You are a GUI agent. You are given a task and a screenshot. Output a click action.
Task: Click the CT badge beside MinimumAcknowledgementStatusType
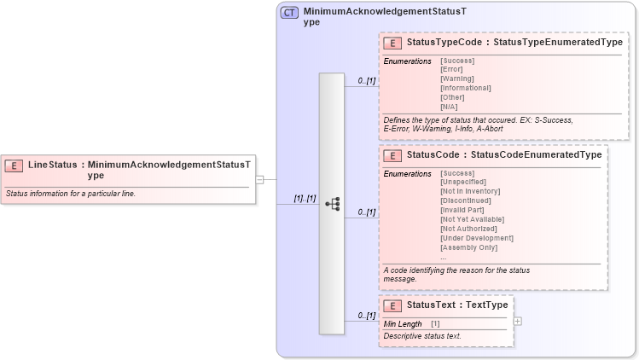(290, 14)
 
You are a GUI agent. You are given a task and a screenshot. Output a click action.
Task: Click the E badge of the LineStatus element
(15, 165)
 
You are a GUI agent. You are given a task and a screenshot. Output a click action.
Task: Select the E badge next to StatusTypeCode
(393, 43)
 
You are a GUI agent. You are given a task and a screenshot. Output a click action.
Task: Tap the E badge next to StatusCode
(393, 155)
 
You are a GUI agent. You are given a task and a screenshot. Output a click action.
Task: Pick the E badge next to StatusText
(393, 305)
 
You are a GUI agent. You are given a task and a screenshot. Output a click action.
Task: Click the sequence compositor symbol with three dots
(332, 204)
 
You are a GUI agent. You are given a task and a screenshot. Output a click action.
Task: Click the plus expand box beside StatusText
(518, 321)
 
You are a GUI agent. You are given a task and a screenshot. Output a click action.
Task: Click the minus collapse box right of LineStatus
(259, 180)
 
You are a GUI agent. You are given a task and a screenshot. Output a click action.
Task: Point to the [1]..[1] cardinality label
(305, 198)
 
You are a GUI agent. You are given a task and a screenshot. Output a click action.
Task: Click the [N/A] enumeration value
(449, 107)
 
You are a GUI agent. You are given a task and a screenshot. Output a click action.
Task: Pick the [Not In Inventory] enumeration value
(470, 192)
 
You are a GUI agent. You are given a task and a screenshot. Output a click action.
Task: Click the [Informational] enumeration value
(465, 88)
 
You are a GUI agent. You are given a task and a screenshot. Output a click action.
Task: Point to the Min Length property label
(403, 324)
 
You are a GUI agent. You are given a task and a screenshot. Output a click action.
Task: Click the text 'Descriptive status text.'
(422, 336)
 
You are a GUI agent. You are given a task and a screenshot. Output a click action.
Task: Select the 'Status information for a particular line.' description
(71, 194)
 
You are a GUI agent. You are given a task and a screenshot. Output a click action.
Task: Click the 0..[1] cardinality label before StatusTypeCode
(367, 81)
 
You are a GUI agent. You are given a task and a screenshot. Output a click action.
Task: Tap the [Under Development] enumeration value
(476, 238)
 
